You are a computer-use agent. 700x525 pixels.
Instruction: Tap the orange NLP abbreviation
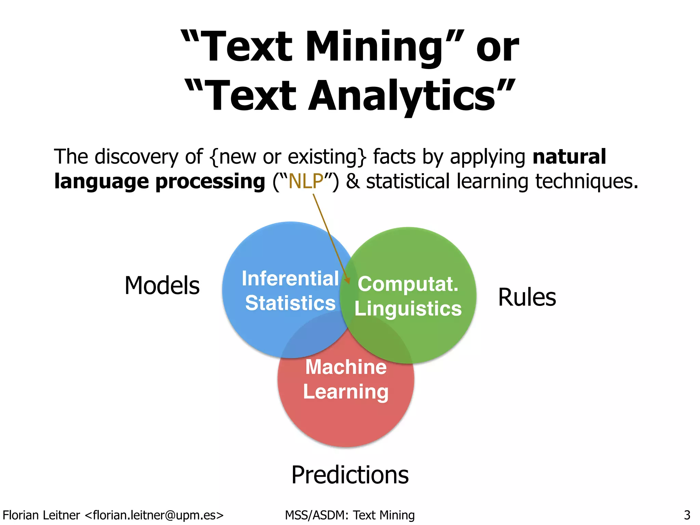[x=306, y=181]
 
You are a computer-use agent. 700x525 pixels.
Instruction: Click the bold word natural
[x=569, y=157]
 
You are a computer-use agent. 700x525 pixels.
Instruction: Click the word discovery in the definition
[x=136, y=157]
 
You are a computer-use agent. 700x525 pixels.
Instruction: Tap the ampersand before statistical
[x=353, y=181]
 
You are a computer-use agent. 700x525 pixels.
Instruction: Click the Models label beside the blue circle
[x=162, y=285]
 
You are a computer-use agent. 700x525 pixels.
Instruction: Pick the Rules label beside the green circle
[x=527, y=297]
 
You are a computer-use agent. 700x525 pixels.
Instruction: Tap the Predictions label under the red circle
[x=350, y=475]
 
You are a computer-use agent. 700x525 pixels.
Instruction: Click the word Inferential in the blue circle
[x=290, y=278]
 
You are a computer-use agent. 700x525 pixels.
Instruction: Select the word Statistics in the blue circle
[x=290, y=303]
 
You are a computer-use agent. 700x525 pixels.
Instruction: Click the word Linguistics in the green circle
[x=408, y=309]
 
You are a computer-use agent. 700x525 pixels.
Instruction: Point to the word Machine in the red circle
[x=346, y=367]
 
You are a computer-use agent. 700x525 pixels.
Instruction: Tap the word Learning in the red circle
[x=346, y=391]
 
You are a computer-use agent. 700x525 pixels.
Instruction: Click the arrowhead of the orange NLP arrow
[x=348, y=281]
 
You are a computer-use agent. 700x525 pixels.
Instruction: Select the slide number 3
[x=687, y=515]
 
